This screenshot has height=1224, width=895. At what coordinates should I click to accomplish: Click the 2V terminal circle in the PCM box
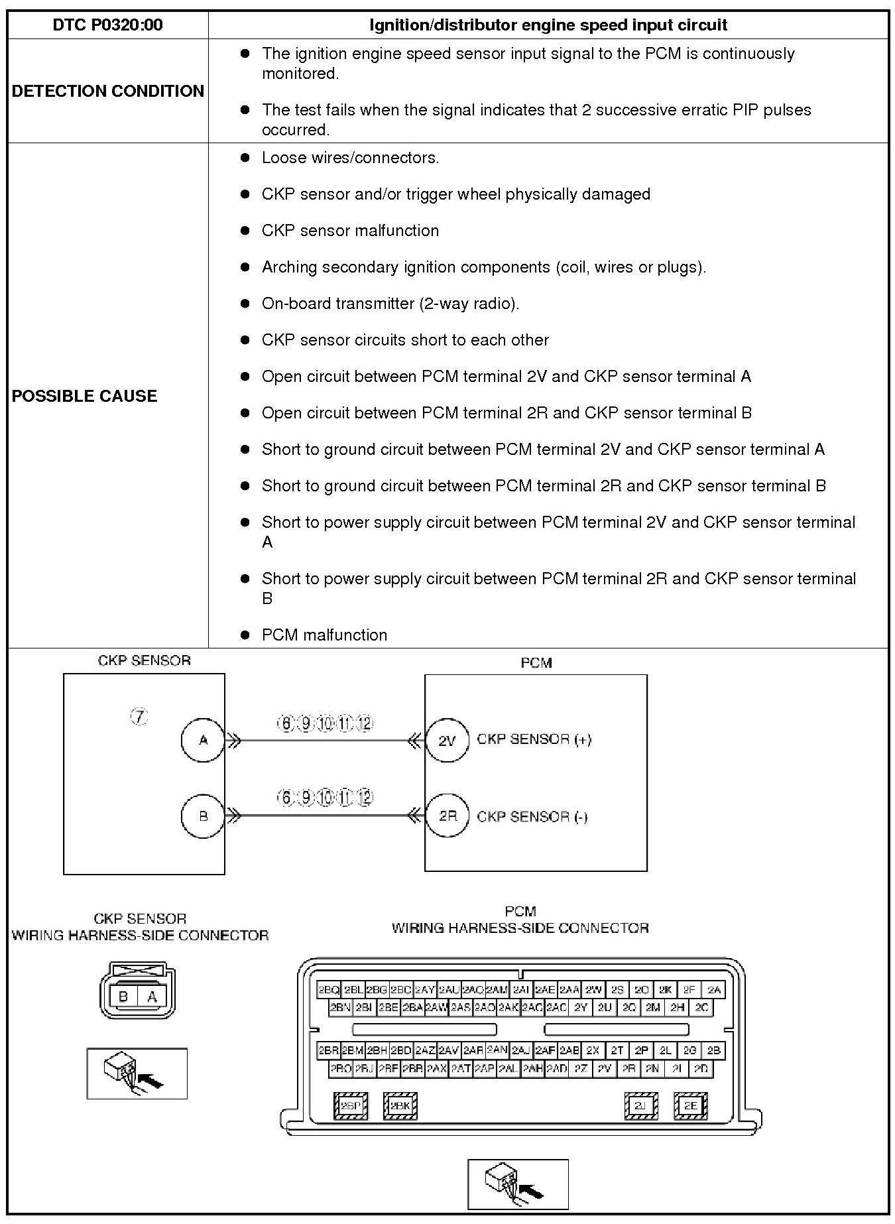(447, 740)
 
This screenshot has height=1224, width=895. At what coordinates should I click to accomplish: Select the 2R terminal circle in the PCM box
(447, 816)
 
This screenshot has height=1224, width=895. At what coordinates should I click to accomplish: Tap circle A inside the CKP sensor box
(203, 740)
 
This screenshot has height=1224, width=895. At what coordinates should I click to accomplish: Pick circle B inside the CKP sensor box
(203, 816)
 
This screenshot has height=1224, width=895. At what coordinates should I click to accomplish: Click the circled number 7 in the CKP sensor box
(139, 717)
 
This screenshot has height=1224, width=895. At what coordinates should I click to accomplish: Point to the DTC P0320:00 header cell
(107, 25)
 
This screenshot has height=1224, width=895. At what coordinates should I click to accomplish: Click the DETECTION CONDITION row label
(107, 91)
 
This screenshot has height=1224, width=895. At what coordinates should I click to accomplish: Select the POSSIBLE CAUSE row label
(84, 396)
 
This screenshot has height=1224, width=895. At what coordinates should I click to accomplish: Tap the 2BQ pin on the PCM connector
(329, 989)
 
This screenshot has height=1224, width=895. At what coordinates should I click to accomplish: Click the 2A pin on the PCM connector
(713, 989)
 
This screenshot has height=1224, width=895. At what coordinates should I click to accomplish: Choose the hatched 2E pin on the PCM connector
(690, 1105)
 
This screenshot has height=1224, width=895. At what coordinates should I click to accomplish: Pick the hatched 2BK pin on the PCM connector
(400, 1105)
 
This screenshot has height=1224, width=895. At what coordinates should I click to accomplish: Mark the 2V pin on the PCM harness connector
(604, 1068)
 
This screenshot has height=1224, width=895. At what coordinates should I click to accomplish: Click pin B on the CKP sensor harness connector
(123, 996)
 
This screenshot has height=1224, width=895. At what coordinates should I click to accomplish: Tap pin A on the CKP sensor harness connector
(152, 996)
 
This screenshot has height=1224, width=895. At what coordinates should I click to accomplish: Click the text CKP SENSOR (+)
(534, 739)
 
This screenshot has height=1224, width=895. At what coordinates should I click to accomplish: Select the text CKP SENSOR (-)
(532, 816)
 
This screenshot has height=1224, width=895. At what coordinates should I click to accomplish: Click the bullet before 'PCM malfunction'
(245, 635)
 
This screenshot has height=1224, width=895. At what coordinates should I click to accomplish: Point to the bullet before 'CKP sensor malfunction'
(245, 230)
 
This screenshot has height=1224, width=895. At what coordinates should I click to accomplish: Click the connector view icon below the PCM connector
(518, 1184)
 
